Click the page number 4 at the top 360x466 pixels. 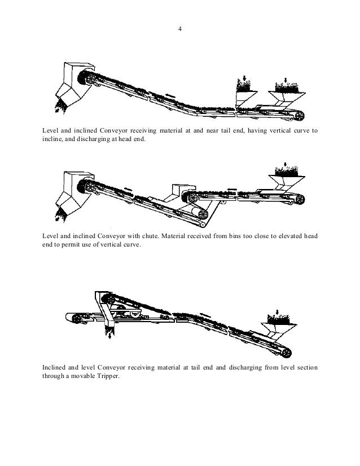pos(179,28)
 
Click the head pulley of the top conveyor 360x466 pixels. pos(88,80)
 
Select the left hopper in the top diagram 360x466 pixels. pos(244,98)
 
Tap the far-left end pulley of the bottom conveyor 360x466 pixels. pos(73,319)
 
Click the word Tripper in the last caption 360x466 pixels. pos(107,377)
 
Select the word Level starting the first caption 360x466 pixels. pos(51,131)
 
